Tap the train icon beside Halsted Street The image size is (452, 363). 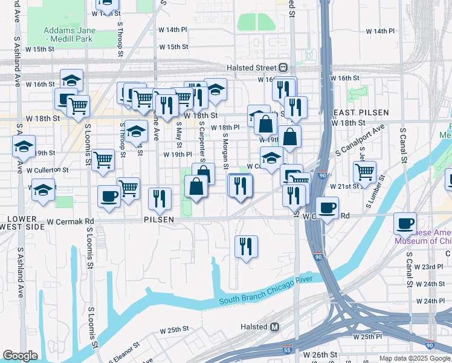point(283,68)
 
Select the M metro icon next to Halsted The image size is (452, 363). point(275,327)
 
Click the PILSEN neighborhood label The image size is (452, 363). point(160,219)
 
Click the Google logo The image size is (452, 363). point(20,356)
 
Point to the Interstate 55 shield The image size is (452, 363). point(286,349)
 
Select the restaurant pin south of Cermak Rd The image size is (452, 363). point(246,246)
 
